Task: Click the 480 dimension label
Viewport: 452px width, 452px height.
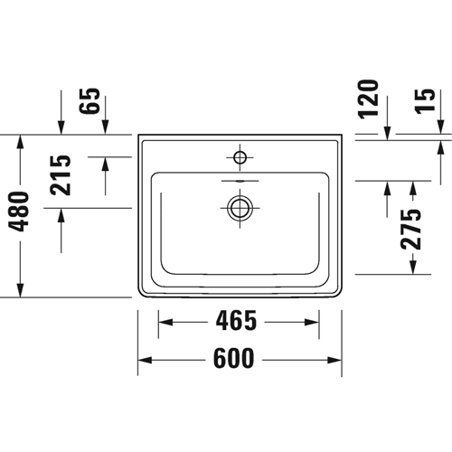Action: pos(20,212)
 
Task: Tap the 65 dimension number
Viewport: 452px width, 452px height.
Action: pos(89,100)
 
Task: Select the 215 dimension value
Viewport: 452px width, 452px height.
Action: pos(61,175)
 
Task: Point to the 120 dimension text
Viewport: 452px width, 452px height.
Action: pos(368,99)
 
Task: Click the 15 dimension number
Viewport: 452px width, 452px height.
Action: pos(425,101)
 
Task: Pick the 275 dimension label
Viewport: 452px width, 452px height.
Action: pos(410,229)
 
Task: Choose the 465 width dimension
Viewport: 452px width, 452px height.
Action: pos(236,321)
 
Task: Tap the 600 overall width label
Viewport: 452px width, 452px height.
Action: pos(234,358)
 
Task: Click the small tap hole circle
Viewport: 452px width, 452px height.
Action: pos(240,157)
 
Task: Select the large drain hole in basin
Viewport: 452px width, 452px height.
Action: pos(240,208)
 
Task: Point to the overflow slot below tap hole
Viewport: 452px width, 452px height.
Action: pos(240,181)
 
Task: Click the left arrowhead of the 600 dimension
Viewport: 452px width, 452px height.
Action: pos(145,360)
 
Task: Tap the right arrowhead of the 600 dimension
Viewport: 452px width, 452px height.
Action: pos(334,360)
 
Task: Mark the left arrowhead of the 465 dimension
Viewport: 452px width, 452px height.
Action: pos(165,322)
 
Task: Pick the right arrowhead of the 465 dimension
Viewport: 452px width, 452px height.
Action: pos(312,322)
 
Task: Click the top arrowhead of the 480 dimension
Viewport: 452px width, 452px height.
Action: pos(20,142)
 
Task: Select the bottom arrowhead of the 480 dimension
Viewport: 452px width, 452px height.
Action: pos(20,290)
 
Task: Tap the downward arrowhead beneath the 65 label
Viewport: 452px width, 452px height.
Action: pos(105,127)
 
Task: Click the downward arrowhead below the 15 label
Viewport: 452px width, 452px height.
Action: pos(440,127)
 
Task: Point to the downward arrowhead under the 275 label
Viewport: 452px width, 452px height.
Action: pos(413,267)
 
